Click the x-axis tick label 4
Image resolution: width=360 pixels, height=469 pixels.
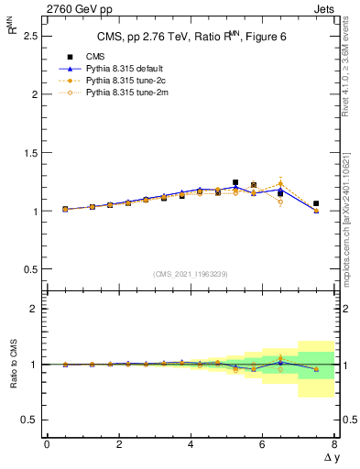[191, 443]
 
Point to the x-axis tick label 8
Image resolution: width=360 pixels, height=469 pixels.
[334, 443]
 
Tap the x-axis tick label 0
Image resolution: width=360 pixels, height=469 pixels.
[47, 443]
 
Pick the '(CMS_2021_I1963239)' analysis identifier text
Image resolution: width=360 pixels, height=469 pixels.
[191, 273]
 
